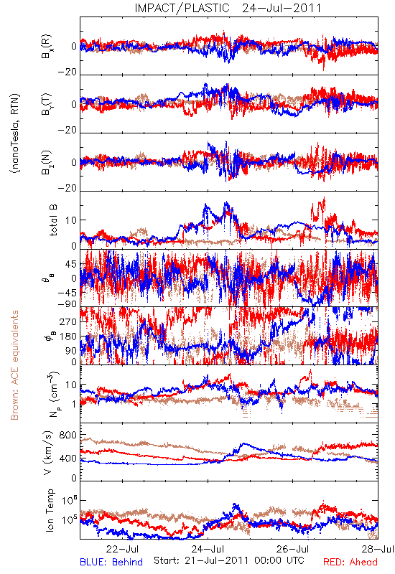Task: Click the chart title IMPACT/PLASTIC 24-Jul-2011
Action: coord(228,8)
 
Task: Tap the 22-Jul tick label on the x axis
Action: coord(122,549)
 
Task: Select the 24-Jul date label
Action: coord(208,549)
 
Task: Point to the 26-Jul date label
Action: coord(293,549)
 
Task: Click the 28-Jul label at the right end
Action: coord(378,549)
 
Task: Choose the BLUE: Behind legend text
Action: coord(111,562)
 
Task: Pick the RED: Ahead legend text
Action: coord(350,562)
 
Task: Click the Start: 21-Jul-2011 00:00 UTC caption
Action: coord(229,560)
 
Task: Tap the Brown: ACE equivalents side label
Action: coord(14,365)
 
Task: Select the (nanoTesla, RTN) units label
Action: coord(15,133)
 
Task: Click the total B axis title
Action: coord(53,220)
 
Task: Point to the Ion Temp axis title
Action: coord(50,510)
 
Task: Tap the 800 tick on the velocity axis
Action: coord(68,435)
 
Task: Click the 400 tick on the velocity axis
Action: coord(68,458)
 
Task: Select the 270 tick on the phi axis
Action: coord(68,321)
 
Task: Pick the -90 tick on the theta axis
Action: coord(67,304)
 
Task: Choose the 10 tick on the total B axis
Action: coord(71,220)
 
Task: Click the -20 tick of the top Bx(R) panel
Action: coord(67,72)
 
